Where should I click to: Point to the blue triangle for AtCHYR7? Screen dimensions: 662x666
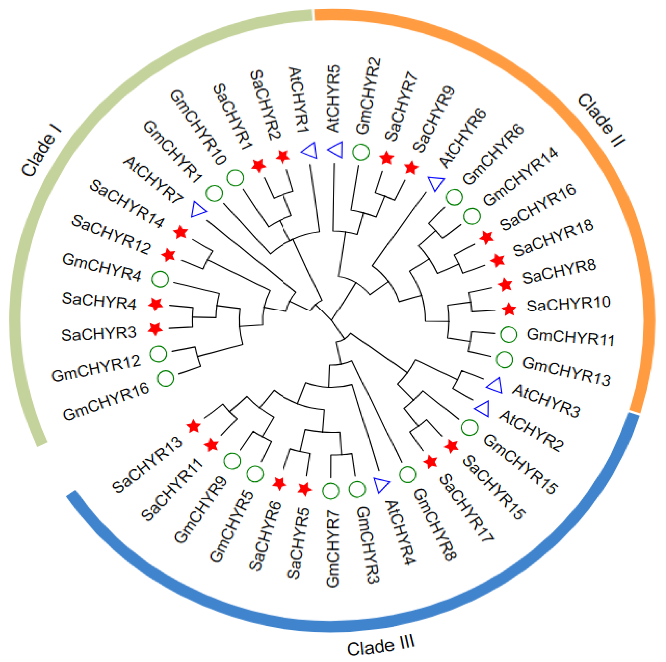click(x=198, y=209)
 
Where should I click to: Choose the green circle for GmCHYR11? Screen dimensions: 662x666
click(x=509, y=334)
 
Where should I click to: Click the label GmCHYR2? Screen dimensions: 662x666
click(x=368, y=96)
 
